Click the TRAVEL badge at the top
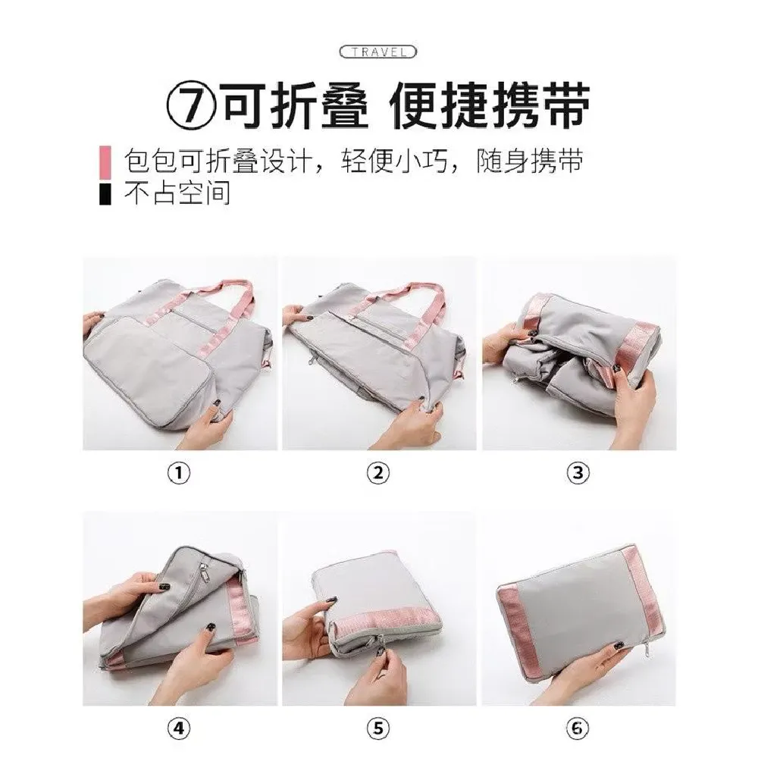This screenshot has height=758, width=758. pyautogui.click(x=378, y=52)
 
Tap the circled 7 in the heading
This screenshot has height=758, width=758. pyautogui.click(x=191, y=106)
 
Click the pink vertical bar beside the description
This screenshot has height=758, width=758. pyautogui.click(x=105, y=162)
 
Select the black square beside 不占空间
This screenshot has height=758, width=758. pyautogui.click(x=105, y=194)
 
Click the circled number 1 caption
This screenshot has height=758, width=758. pyautogui.click(x=179, y=473)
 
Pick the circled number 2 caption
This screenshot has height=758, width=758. pyautogui.click(x=378, y=473)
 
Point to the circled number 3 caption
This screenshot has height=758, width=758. pyautogui.click(x=578, y=473)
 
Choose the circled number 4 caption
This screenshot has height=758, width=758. pyautogui.click(x=179, y=728)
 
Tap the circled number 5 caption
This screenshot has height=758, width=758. pyautogui.click(x=378, y=728)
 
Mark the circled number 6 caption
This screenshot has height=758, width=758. pyautogui.click(x=578, y=728)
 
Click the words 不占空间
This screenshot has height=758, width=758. pyautogui.click(x=177, y=194)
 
